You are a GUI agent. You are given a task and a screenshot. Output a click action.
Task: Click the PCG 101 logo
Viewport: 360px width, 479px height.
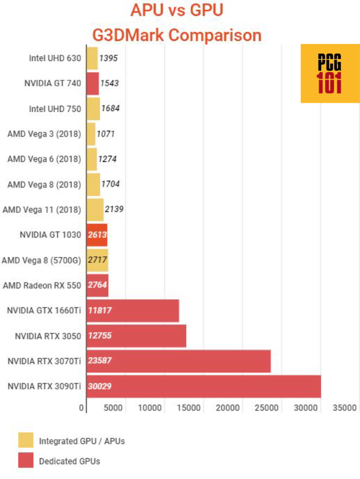tap(330, 73)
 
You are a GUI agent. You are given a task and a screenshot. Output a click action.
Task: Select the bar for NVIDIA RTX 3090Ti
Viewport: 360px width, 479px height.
tap(203, 386)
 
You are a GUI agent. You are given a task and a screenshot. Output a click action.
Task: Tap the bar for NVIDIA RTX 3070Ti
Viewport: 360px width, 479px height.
tap(178, 361)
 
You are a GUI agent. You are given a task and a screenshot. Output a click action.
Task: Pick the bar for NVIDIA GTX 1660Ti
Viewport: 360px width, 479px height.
tap(132, 310)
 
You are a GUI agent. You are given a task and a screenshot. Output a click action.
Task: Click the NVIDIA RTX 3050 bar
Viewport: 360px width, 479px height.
tap(136, 335)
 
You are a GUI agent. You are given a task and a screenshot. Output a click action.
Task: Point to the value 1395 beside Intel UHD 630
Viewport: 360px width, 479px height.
tap(108, 58)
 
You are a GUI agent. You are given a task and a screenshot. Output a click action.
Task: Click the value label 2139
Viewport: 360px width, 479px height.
tap(114, 209)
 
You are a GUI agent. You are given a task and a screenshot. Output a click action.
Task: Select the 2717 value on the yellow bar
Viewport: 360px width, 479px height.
tap(97, 260)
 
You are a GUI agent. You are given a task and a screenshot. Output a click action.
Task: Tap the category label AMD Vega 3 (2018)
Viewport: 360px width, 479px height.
tap(44, 134)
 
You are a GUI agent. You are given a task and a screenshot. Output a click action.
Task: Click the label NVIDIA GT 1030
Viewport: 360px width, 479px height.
tap(50, 235)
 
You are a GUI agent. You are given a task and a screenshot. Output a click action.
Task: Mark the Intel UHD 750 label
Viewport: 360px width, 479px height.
tap(55, 109)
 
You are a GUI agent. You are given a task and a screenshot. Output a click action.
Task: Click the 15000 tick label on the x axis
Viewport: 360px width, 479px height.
tap(190, 408)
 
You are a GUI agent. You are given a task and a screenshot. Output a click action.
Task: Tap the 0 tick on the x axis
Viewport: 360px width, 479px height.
tap(82, 408)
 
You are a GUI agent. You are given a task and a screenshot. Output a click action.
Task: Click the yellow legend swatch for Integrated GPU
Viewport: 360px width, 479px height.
tap(26, 440)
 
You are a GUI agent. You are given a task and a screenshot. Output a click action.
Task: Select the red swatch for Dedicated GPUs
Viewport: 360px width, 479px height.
tap(26, 460)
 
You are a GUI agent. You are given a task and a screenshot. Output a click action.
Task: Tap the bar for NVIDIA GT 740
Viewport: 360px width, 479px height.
tap(92, 84)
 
